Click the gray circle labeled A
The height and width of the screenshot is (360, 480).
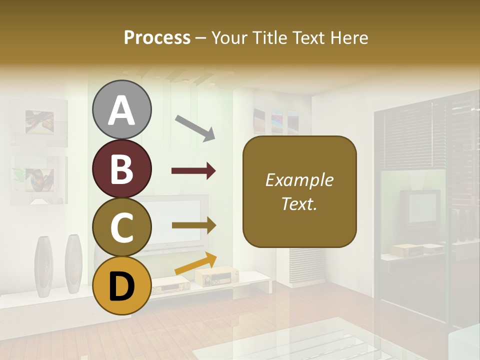tap(121, 109)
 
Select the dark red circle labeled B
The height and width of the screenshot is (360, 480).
tap(121, 168)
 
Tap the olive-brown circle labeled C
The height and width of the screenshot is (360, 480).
tap(121, 227)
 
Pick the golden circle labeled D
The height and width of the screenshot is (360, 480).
tap(121, 285)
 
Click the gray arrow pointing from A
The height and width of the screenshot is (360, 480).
tap(195, 128)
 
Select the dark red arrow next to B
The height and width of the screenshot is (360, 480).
tap(193, 171)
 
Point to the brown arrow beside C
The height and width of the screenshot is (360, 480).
tap(194, 225)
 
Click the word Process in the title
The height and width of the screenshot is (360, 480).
tap(157, 37)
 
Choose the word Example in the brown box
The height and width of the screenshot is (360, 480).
tap(299, 180)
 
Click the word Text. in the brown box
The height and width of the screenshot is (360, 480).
tap(299, 203)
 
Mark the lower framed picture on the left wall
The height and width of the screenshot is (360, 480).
tap(39, 180)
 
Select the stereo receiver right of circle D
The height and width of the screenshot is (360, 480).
tap(216, 276)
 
